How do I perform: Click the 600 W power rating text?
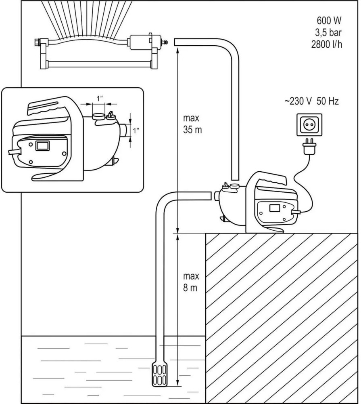329,20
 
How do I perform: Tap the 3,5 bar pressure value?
328,32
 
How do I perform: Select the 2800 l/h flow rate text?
327,44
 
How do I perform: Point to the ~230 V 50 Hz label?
311,101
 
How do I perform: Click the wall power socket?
309,125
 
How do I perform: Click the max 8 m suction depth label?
191,282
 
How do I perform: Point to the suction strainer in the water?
159,373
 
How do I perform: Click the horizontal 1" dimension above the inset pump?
100,99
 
